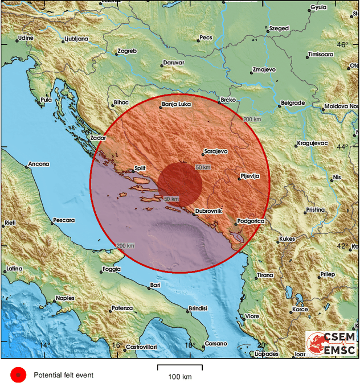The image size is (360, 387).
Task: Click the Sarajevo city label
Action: (x=215, y=152)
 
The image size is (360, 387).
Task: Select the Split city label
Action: (x=140, y=168)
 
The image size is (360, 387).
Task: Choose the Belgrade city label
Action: (x=293, y=103)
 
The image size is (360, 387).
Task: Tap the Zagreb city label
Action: (x=126, y=51)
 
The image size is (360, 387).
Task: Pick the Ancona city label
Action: (x=39, y=164)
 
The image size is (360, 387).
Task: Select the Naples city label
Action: (x=65, y=298)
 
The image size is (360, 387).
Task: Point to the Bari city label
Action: (x=155, y=285)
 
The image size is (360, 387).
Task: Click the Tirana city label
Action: (x=265, y=275)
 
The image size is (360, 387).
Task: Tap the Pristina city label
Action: (x=314, y=210)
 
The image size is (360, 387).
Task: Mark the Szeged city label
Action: (x=279, y=28)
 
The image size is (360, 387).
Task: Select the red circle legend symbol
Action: (x=18, y=374)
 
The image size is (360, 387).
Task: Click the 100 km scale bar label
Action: (x=179, y=377)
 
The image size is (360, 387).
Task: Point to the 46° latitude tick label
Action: (x=342, y=45)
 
